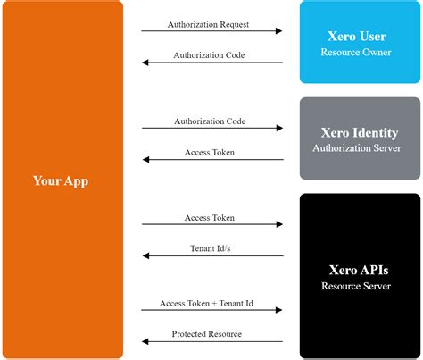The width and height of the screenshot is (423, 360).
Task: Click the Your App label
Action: point(61,181)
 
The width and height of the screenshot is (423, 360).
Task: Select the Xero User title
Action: point(357,37)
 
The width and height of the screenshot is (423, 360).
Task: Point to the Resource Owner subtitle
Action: point(356,52)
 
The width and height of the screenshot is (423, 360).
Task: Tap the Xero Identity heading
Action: point(360,133)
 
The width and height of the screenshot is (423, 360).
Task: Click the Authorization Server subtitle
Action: point(357,148)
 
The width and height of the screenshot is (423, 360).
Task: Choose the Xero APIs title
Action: point(359,270)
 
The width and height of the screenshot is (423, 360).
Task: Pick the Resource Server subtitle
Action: point(356,286)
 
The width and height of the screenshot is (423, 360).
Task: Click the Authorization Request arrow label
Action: point(208,24)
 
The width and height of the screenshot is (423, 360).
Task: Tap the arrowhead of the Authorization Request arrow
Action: point(278,30)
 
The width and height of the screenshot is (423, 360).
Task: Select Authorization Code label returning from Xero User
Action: point(209,55)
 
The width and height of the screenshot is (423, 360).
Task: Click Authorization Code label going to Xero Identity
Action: point(210,121)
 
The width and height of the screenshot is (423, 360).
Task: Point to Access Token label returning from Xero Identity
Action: point(210,152)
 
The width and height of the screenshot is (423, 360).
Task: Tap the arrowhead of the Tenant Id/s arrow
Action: point(146,255)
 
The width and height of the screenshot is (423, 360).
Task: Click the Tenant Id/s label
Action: point(211,248)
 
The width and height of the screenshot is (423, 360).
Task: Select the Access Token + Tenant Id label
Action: point(206,303)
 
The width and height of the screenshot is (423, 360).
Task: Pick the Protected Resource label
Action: point(207,334)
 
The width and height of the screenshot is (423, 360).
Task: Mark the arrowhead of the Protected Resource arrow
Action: point(145,341)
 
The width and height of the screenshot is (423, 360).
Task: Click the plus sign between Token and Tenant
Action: point(214,304)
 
